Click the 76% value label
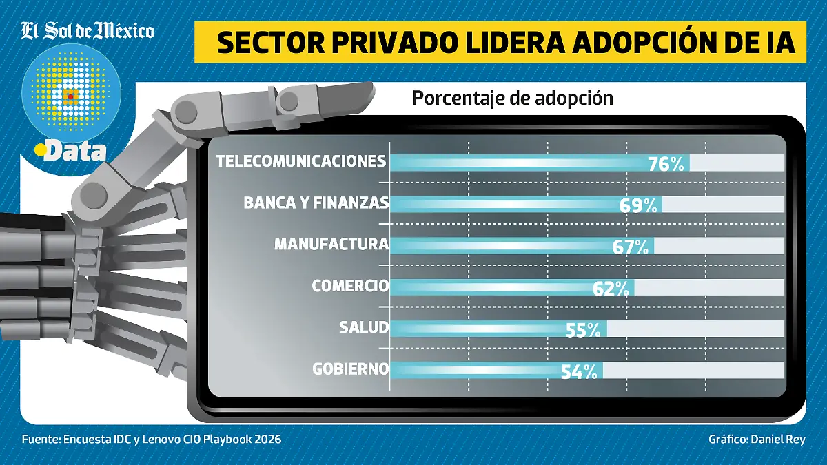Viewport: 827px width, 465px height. [666, 163]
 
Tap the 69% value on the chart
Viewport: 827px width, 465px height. [638, 205]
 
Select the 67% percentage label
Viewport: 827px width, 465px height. [631, 247]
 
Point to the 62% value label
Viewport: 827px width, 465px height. [611, 289]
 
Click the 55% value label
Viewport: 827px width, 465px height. [583, 330]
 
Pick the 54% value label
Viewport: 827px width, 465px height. [579, 371]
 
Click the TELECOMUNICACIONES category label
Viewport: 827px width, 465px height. [300, 161]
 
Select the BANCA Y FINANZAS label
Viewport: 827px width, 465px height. [316, 203]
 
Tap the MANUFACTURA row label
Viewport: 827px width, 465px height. [331, 245]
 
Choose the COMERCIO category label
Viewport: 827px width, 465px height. [350, 286]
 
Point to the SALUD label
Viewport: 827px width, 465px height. [363, 327]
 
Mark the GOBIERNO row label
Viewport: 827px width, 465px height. [350, 369]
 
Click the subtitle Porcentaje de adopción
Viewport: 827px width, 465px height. [513, 99]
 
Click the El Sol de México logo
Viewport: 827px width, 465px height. [88, 31]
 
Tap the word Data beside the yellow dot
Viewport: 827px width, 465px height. [75, 151]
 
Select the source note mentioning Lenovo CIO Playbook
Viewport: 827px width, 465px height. [152, 440]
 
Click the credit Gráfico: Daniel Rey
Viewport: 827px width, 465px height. [757, 440]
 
